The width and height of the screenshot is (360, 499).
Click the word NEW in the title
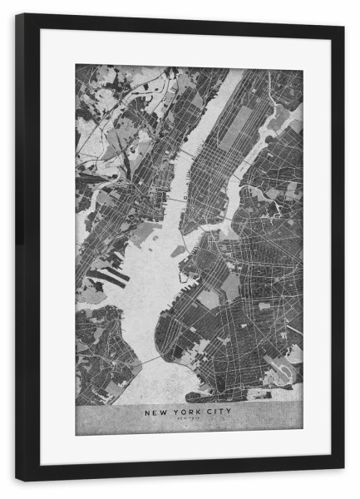[155, 411]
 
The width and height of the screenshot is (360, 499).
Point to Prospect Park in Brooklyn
[230, 287]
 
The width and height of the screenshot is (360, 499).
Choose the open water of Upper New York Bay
[154, 274]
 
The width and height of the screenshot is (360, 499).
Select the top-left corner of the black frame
[17, 15]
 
